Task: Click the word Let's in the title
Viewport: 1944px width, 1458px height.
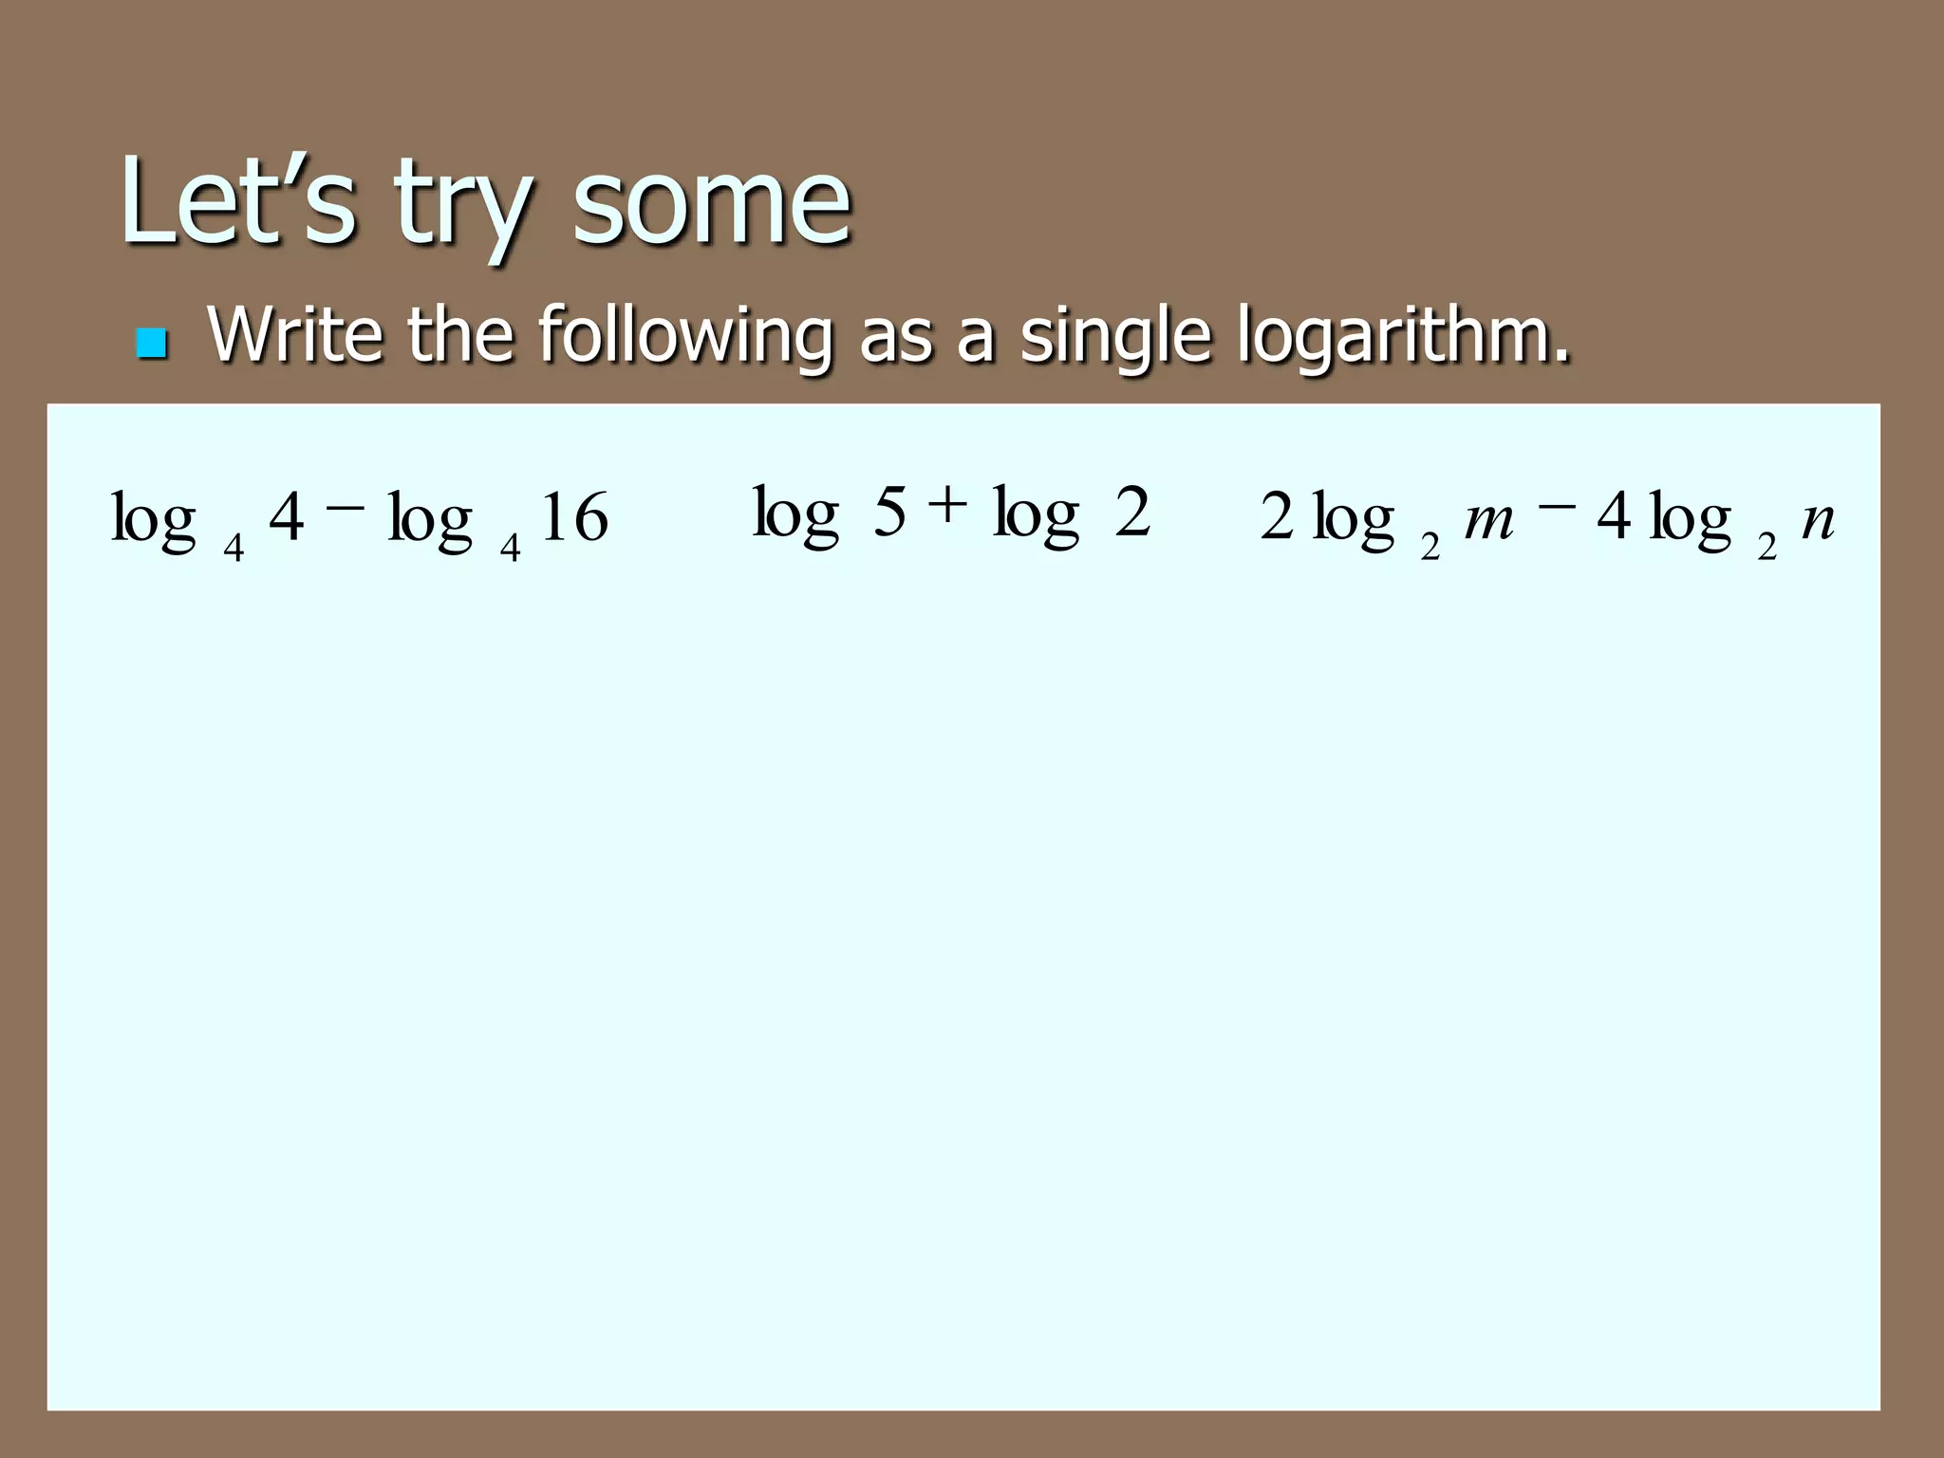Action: tap(237, 201)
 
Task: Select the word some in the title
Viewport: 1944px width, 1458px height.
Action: tap(712, 201)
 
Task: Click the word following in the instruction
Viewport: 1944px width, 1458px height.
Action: tap(683, 336)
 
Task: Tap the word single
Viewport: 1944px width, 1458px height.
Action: tap(1116, 336)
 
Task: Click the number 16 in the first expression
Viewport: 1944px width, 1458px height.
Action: tap(574, 518)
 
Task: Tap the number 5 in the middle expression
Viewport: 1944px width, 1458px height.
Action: tap(889, 513)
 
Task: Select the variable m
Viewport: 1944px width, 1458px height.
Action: tap(1488, 520)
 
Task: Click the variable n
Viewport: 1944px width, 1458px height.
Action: tap(1817, 520)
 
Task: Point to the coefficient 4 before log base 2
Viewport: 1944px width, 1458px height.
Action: tap(1614, 518)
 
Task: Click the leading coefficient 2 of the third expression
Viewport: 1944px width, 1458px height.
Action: tap(1277, 518)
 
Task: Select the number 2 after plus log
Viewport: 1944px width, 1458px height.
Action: tap(1132, 513)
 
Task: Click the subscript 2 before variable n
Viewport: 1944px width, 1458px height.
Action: tap(1766, 548)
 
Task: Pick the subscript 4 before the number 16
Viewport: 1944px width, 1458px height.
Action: tap(510, 548)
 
